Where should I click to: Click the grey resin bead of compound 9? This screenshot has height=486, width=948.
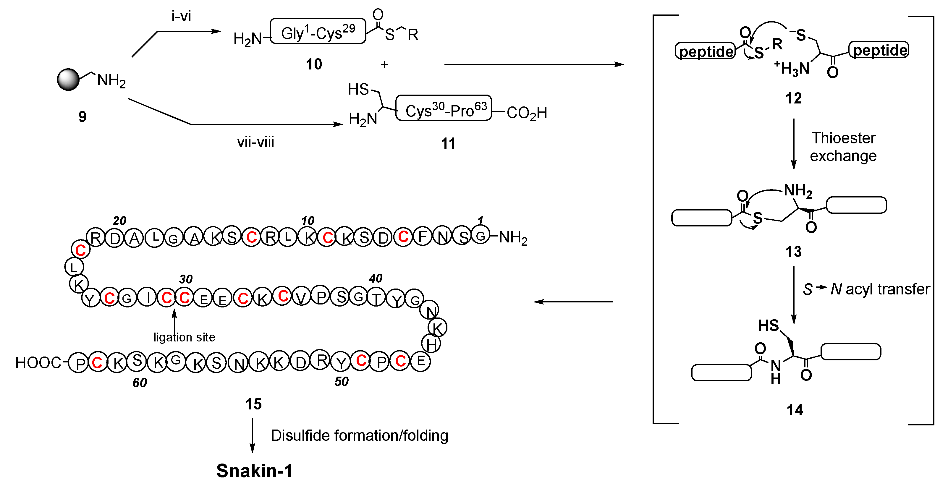(68, 80)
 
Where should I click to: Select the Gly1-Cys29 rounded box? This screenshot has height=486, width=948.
(318, 32)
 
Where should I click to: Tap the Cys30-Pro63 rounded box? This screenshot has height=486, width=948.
(444, 108)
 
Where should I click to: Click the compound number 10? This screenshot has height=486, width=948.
(314, 64)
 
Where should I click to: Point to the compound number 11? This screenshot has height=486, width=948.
(448, 143)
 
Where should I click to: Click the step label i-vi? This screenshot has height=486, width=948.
(181, 17)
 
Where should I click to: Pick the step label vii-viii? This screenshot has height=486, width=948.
(255, 142)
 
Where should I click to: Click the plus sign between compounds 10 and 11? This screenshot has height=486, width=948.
(384, 65)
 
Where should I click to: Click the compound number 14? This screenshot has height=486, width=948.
(795, 410)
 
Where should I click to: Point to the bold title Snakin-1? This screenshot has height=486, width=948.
(254, 471)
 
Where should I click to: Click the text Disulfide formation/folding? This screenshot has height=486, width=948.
(359, 436)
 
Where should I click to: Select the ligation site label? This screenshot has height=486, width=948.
(184, 337)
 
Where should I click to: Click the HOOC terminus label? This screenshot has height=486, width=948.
(38, 363)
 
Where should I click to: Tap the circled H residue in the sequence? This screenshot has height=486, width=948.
(431, 344)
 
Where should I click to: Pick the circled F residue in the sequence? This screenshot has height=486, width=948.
(423, 236)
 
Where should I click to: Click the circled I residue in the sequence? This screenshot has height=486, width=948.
(147, 297)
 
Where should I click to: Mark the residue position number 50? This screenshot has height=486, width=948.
(341, 382)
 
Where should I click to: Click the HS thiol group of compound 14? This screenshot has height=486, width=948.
(769, 325)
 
